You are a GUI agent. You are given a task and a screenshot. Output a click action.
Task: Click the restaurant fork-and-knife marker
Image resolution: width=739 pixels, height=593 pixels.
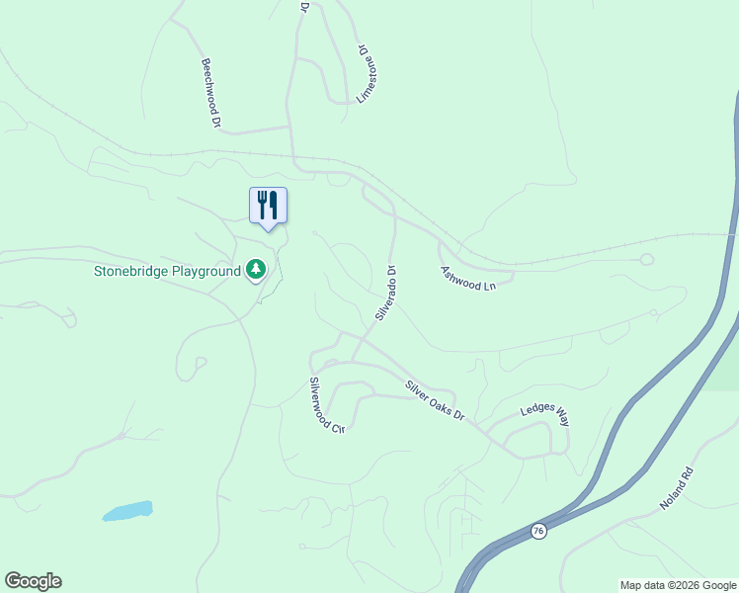pyautogui.click(x=268, y=206)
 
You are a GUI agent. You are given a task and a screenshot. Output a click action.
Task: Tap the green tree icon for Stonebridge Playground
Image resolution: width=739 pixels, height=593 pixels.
pyautogui.click(x=256, y=269)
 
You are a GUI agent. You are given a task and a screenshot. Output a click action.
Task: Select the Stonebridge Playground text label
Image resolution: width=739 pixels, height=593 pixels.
pyautogui.click(x=167, y=270)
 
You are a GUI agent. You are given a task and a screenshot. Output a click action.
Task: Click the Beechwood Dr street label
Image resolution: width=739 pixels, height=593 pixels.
pyautogui.click(x=209, y=93)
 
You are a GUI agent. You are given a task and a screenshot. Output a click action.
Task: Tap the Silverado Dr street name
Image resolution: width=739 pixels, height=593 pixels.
pyautogui.click(x=385, y=293)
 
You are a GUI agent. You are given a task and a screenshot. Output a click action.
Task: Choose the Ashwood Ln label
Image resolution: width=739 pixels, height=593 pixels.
pyautogui.click(x=467, y=277)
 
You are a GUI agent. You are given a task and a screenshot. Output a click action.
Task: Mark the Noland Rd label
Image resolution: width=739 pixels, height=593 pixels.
pyautogui.click(x=679, y=490)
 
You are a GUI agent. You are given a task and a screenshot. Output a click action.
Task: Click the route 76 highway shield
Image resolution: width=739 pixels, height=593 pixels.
pyautogui.click(x=537, y=531)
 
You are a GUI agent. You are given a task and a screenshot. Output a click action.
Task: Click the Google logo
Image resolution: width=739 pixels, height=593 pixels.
pyautogui.click(x=33, y=581)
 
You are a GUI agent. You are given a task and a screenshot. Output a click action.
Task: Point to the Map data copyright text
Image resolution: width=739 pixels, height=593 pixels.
pyautogui.click(x=677, y=585)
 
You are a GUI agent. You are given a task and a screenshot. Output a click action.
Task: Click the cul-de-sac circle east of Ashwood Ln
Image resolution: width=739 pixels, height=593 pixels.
pyautogui.click(x=647, y=259)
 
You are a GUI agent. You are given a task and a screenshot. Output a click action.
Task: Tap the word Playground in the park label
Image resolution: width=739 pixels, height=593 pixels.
pyautogui.click(x=205, y=270)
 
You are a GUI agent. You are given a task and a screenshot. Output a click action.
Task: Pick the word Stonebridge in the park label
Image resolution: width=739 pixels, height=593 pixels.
pyautogui.click(x=130, y=270)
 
